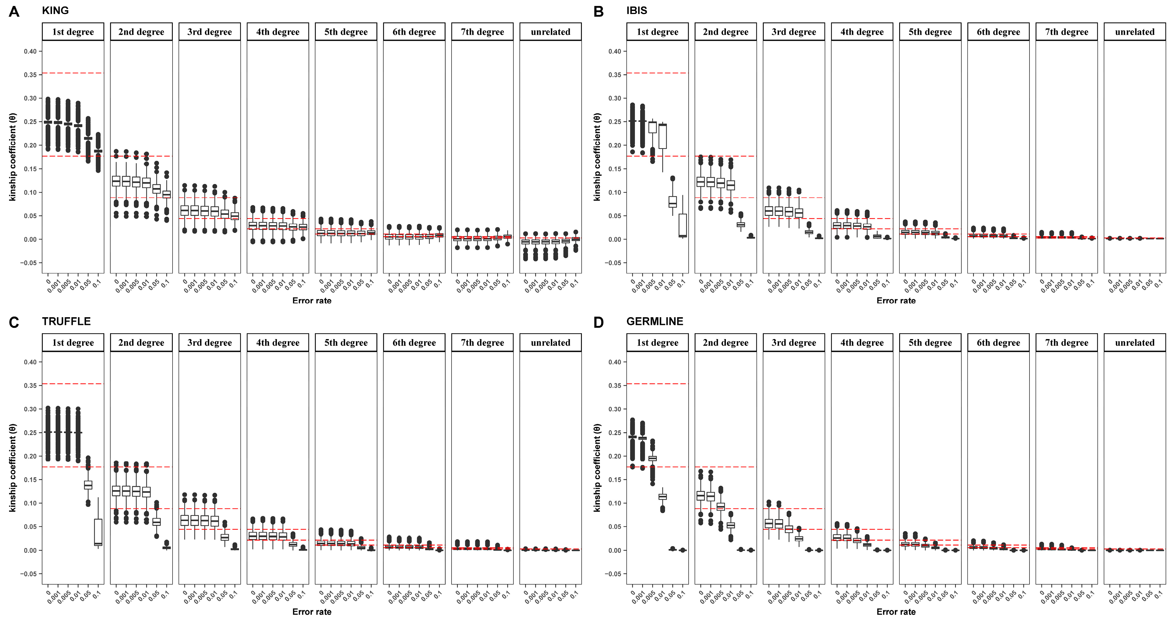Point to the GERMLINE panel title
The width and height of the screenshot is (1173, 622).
[654, 321]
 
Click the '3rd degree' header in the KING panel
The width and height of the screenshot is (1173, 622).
[209, 32]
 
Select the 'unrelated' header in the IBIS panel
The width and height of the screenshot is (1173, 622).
[1134, 32]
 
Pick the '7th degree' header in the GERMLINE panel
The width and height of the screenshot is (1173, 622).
[1066, 343]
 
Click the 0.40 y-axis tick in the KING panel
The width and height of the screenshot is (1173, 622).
[30, 51]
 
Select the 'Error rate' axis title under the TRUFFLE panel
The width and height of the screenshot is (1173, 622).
[312, 612]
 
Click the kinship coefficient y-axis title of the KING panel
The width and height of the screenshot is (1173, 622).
[13, 157]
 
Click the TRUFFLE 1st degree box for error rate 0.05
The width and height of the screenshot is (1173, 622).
[88, 485]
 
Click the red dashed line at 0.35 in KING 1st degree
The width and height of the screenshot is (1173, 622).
[73, 73]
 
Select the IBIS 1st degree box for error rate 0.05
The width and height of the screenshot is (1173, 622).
[672, 202]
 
